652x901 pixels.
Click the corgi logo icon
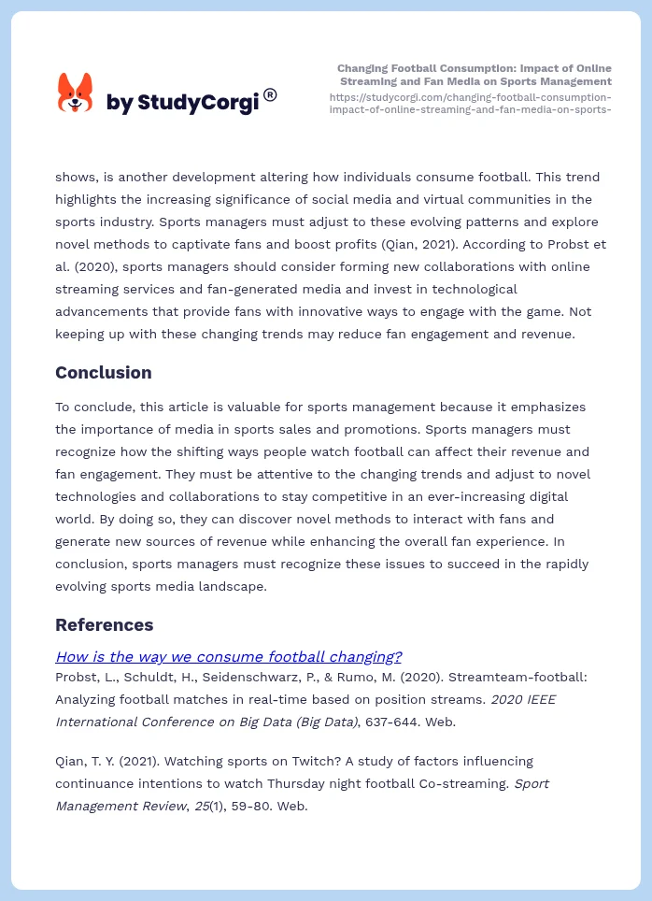[x=75, y=93]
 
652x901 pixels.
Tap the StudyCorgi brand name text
[x=182, y=103]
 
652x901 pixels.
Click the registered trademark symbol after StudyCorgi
[x=270, y=94]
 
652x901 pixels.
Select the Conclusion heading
[x=103, y=372]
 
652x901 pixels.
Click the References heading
[x=104, y=624]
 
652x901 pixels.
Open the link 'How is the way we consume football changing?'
[x=229, y=656]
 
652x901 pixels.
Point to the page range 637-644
[x=389, y=721]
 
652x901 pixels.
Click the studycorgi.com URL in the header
[x=471, y=103]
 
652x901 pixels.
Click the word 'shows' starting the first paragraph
[x=76, y=177]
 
